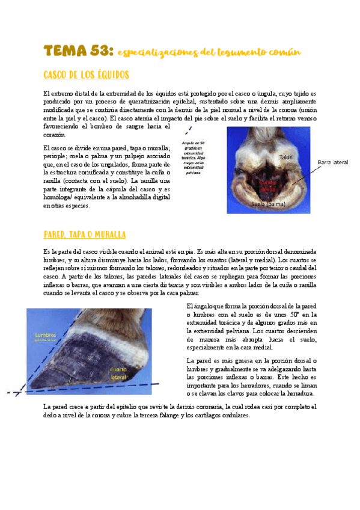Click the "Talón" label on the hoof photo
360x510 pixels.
[x=286, y=157]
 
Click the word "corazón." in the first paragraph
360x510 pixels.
[x=56, y=135]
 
